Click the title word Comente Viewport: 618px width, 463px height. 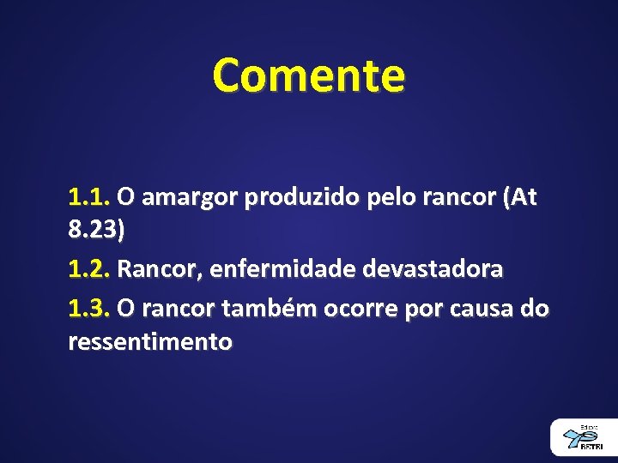[x=309, y=75]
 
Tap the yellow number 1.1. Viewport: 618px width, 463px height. [x=89, y=197]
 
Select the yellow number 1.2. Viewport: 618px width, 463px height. [x=89, y=269]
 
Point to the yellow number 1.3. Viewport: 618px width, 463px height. [x=89, y=306]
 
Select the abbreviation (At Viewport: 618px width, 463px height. [x=520, y=197]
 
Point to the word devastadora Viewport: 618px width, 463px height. [x=433, y=269]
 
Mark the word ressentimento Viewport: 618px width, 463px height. [x=150, y=342]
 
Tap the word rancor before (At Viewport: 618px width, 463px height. [x=461, y=199]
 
